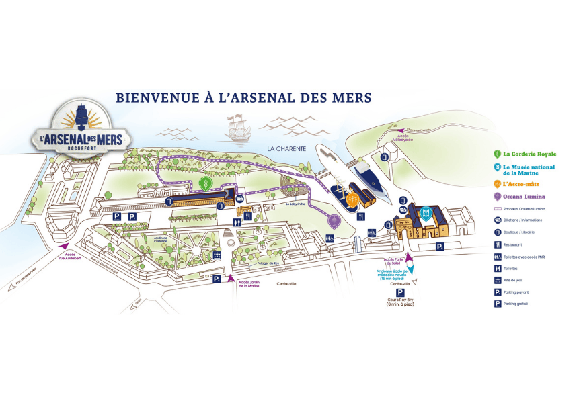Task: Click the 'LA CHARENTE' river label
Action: pos(286,148)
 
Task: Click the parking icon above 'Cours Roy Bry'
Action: pos(401,293)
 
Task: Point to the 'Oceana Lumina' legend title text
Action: pos(524,197)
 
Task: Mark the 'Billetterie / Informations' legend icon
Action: pos(496,220)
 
